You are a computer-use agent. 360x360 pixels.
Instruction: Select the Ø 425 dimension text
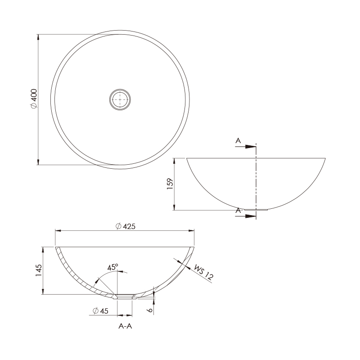point(126,226)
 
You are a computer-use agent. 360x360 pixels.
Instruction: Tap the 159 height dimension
point(170,184)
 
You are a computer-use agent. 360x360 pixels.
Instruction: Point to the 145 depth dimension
point(39,270)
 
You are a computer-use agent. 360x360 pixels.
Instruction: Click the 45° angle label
point(113,267)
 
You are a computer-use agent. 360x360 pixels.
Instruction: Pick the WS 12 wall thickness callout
point(204,272)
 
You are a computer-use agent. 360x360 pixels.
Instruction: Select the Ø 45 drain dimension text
point(100,311)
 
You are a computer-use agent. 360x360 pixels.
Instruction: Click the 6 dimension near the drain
point(149,310)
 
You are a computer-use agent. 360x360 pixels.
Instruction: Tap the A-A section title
point(125,326)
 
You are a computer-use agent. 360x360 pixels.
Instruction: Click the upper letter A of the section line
point(238,140)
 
